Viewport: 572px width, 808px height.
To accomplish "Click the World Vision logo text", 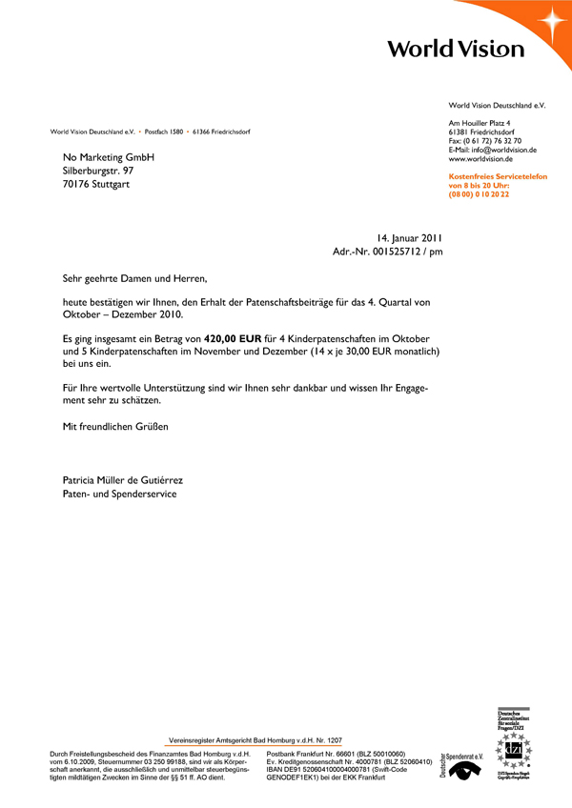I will [456, 49].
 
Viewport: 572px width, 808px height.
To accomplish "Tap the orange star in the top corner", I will [552, 20].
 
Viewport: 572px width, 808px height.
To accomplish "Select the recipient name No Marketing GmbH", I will [108, 156].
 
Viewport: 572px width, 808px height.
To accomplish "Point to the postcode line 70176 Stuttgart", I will [98, 183].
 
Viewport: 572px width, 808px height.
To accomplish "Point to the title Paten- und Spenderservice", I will [119, 494].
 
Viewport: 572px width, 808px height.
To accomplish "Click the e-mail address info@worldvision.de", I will [505, 150].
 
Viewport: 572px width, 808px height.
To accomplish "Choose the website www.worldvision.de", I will [481, 159].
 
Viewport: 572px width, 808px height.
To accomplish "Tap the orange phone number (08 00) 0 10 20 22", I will [479, 193].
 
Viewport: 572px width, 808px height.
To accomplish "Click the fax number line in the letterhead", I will [484, 141].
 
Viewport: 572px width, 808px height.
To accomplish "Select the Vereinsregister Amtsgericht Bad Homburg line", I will [255, 739].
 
